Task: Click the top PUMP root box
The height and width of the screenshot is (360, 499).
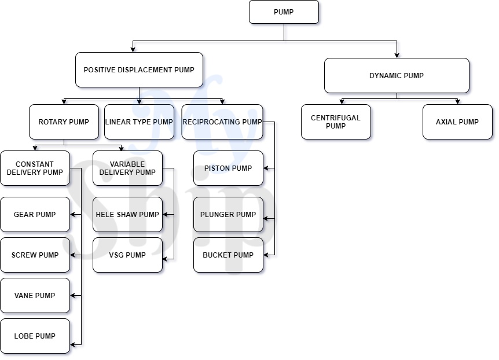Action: pos(284,12)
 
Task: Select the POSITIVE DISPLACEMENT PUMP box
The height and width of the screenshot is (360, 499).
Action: pos(139,70)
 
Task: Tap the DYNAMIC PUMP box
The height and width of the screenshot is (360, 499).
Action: pos(397,76)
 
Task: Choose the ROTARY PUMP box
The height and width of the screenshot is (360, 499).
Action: pos(64,122)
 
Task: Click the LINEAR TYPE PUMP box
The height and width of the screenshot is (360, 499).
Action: pos(139,122)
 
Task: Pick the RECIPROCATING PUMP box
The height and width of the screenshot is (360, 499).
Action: pos(222,122)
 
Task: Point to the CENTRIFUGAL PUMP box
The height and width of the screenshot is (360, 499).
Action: pos(336,122)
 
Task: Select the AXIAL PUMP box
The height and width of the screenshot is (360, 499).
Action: pos(457,122)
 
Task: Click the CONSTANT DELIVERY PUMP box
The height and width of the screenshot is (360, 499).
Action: pos(35,168)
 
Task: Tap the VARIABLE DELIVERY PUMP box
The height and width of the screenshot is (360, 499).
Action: pos(127,168)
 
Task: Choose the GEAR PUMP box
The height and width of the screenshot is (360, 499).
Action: pos(35,215)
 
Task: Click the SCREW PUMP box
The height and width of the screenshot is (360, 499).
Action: pos(35,255)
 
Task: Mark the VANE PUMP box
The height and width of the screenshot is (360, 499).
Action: pos(35,296)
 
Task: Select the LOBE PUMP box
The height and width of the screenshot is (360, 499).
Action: pos(35,336)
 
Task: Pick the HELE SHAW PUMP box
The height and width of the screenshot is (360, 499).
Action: pos(127,215)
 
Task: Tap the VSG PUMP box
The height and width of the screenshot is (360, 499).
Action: pos(127,255)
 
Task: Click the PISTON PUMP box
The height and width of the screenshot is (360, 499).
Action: pos(228,168)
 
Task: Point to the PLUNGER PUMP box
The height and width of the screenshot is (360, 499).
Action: pos(228,215)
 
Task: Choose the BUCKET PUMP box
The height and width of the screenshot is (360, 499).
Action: pos(228,255)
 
